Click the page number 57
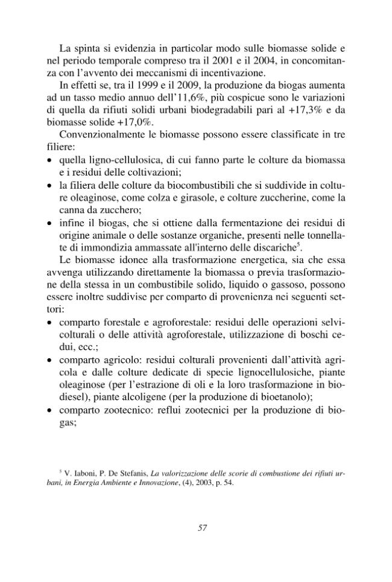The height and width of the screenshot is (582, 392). tap(203, 528)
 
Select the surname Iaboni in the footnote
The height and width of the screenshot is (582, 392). tap(81, 474)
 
